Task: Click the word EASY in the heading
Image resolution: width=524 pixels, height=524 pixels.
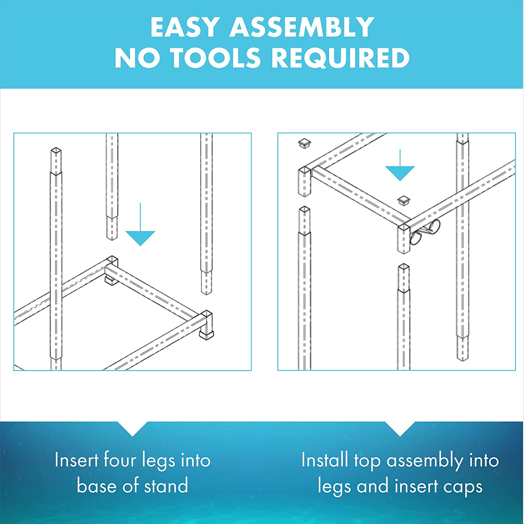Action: click(185, 27)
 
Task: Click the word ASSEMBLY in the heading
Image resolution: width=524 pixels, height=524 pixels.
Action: click(302, 27)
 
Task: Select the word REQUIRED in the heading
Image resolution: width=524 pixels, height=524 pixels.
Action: click(340, 58)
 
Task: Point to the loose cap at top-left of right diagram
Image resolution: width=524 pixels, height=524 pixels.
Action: click(305, 143)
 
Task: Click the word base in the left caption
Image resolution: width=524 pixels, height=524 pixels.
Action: click(96, 486)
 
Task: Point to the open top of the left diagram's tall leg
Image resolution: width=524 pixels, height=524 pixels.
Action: click(56, 151)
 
